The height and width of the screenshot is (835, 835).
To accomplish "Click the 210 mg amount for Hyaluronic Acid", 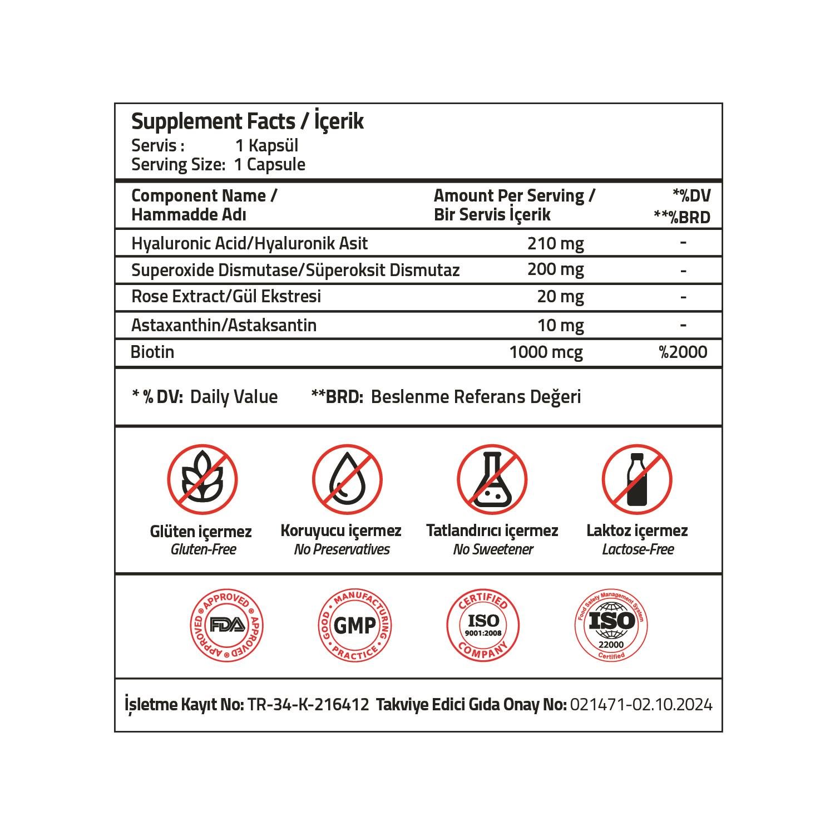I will click(x=555, y=243).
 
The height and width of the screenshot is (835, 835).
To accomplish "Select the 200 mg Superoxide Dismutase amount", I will click(x=555, y=269).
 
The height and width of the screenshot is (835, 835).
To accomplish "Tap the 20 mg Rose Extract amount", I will click(x=560, y=296).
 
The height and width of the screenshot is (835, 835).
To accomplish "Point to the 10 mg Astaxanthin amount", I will click(x=560, y=325).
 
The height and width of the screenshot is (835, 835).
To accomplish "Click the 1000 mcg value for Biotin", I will click(x=546, y=352).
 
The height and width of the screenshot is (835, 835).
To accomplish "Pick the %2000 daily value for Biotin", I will click(x=683, y=352).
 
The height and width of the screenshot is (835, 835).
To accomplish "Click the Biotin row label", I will click(x=152, y=352).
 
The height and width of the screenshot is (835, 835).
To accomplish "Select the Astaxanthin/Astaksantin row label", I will click(x=224, y=325).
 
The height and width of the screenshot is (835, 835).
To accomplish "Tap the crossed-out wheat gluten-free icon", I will click(x=202, y=479).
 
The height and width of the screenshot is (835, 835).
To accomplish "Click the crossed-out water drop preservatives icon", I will click(x=347, y=479).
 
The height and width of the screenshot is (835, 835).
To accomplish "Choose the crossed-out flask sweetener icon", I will click(x=492, y=479).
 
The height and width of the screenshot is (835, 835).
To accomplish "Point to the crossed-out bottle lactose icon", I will click(x=636, y=479).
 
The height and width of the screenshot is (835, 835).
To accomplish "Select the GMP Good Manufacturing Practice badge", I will click(x=354, y=625).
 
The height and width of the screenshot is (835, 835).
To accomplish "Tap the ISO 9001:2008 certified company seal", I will click(x=483, y=625).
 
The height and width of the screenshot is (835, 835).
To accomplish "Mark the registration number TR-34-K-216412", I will click(x=308, y=705).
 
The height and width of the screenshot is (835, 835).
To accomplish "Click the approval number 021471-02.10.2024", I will click(x=641, y=705).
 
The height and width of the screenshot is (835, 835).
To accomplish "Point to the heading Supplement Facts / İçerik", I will click(x=247, y=121).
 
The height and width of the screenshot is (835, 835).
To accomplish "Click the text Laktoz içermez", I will click(x=637, y=531).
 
